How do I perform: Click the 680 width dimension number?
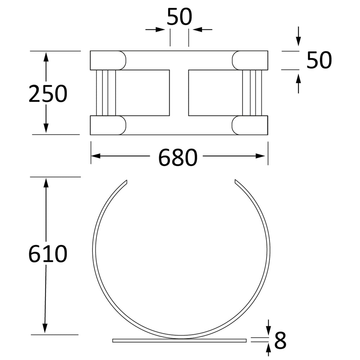tap(178, 157)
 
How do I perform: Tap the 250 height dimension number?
tap(48, 94)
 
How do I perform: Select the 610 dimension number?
tap(48, 254)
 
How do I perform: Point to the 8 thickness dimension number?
tap(280, 340)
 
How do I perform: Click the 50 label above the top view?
tap(179, 17)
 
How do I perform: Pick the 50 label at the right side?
tap(319, 60)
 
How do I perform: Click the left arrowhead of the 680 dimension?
tap(96, 156)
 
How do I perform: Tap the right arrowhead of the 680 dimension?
tap(260, 156)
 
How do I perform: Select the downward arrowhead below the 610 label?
tap(45, 328)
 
